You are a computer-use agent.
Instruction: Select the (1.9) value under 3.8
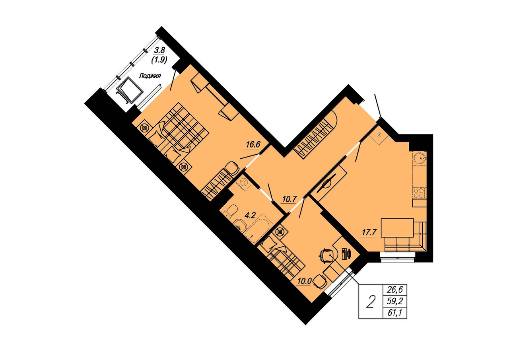pos(159,60)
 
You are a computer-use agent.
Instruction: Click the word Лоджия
pos(150,76)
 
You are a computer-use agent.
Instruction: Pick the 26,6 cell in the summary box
pos(395,290)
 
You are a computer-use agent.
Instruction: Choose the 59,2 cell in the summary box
pos(395,302)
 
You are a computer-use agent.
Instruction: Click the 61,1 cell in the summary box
pos(395,313)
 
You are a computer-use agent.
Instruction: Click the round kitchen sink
pos(419,158)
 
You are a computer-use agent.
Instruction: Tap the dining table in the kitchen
pos(397,228)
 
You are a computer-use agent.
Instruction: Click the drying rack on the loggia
pos(129,90)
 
